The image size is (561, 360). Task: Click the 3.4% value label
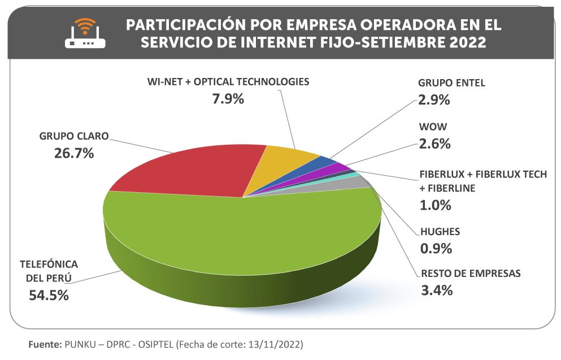click(437, 291)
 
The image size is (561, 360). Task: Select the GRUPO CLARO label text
click(73, 136)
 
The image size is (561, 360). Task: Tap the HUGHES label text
click(440, 232)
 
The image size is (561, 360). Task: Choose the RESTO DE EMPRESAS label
click(471, 274)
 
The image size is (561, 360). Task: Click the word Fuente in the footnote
click(45, 344)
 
